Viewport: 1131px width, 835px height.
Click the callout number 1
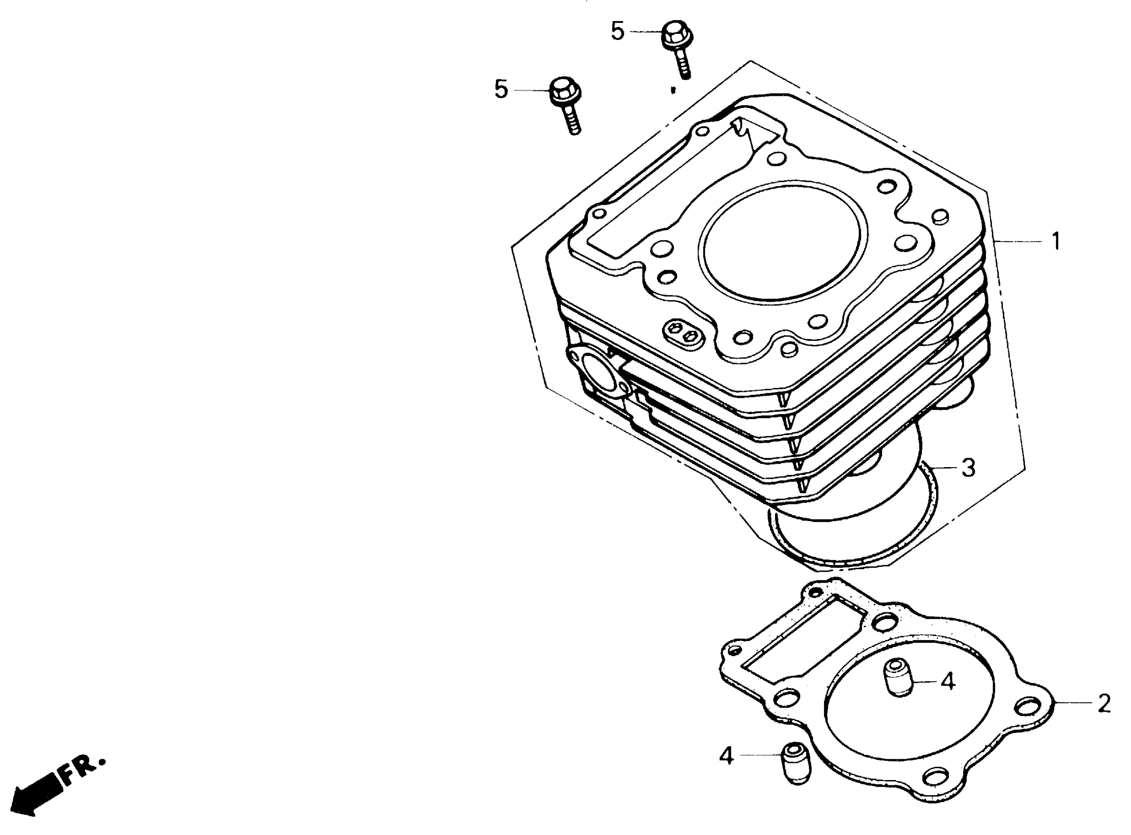point(1056,241)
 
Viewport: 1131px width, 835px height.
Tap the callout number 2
point(1104,703)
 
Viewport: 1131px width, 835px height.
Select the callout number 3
point(968,468)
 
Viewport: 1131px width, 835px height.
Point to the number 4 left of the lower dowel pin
point(726,756)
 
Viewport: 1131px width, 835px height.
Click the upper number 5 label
point(617,31)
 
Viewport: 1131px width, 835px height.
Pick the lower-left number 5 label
point(501,89)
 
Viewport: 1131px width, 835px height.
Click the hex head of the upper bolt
point(677,34)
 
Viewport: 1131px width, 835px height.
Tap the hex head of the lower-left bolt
point(564,92)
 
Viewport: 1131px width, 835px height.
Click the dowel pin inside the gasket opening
point(898,678)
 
